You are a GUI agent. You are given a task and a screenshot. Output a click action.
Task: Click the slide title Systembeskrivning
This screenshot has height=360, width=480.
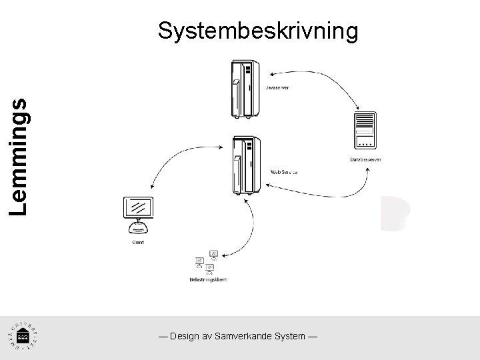(x=258, y=31)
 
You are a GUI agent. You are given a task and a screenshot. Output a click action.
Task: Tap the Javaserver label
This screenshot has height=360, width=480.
(x=277, y=87)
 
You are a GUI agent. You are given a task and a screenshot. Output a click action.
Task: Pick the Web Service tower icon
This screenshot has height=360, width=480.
(x=245, y=165)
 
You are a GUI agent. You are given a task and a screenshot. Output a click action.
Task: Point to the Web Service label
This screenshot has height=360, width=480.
(x=283, y=171)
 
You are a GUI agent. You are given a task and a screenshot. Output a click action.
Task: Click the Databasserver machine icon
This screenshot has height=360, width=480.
(x=365, y=131)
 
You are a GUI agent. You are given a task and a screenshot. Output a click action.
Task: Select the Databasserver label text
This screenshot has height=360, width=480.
(x=365, y=159)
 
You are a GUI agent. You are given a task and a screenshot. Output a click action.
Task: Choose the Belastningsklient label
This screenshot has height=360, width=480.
(x=207, y=280)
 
